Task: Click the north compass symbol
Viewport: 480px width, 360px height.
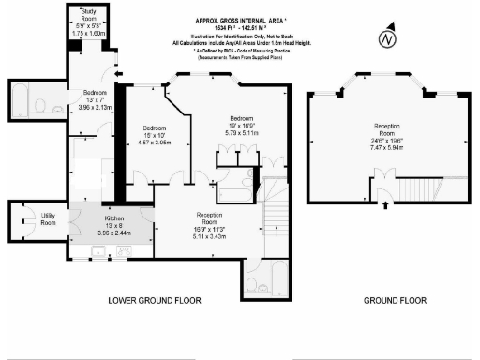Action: (x=384, y=39)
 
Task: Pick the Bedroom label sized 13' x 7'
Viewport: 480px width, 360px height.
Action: (x=95, y=93)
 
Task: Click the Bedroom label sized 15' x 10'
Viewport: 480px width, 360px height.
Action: (x=154, y=127)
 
